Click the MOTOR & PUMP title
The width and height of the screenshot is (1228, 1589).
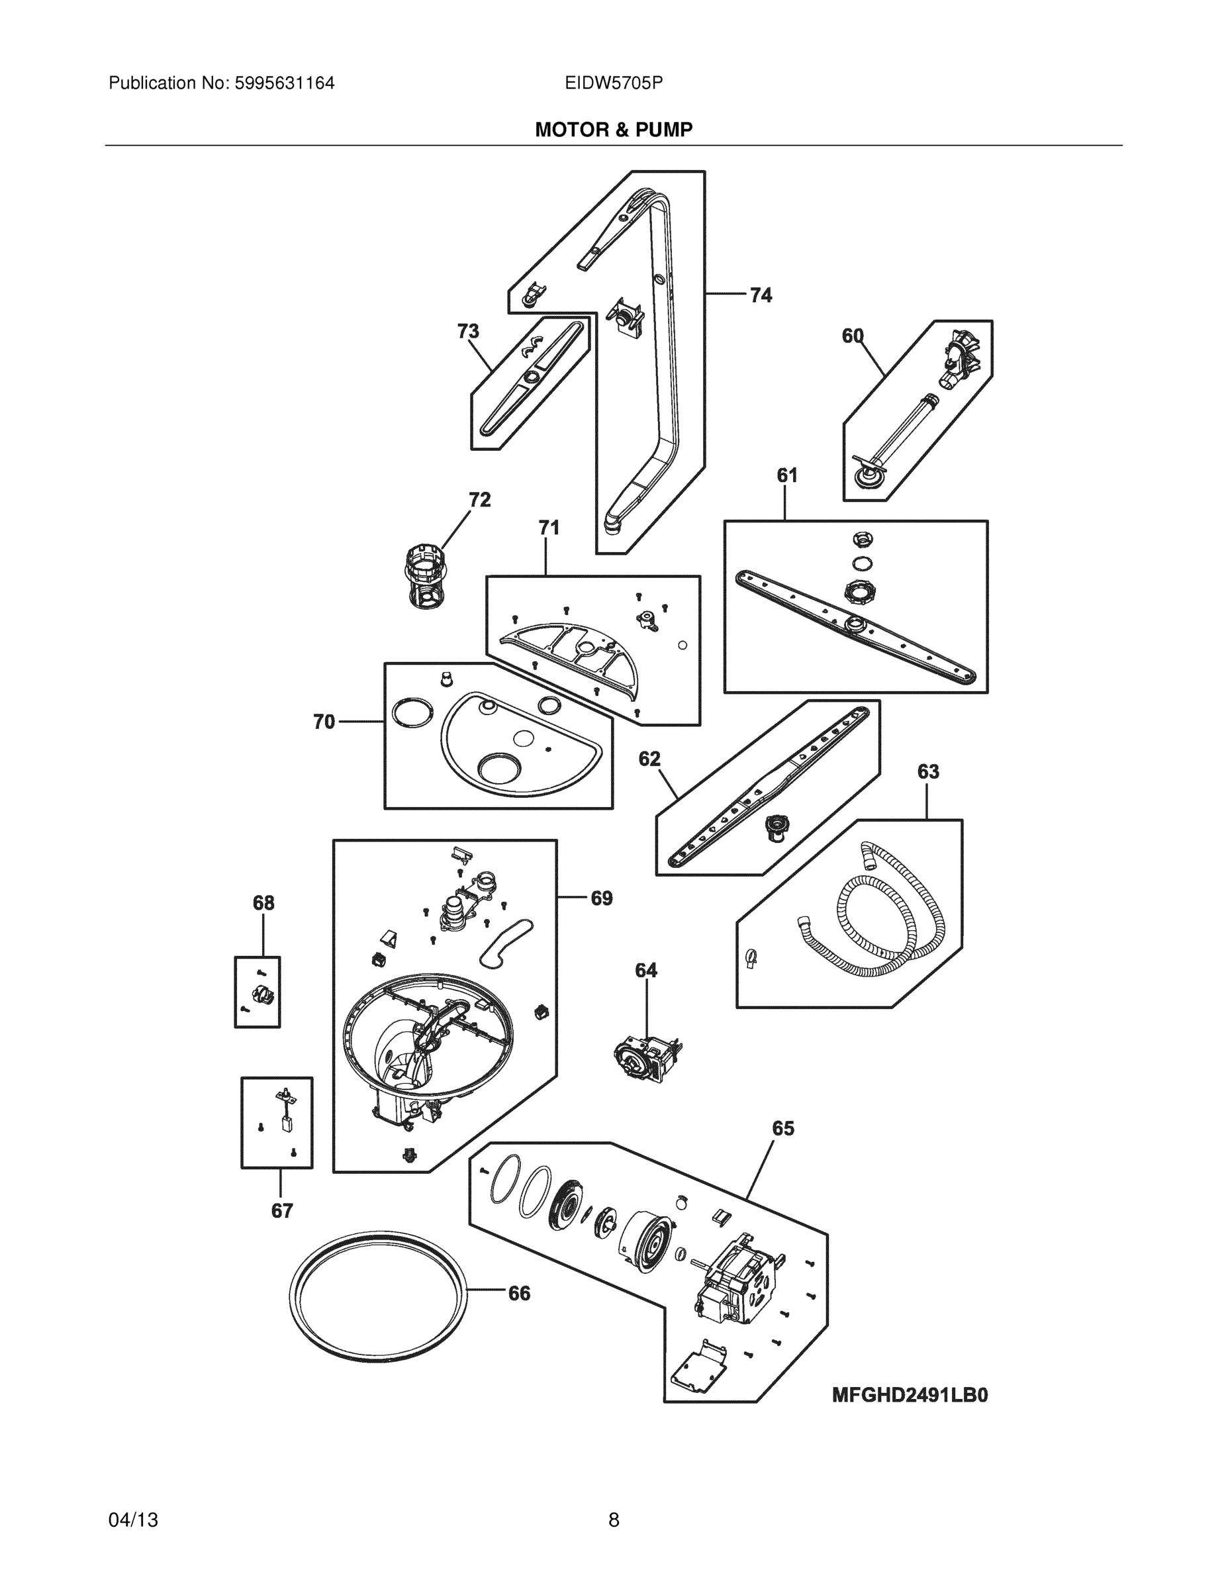pos(613,130)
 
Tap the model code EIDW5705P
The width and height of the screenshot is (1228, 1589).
pos(613,83)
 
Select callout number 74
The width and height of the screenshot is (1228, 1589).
pos(760,295)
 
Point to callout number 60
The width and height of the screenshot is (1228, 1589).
pos(853,336)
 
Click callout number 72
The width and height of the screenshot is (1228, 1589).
pos(479,500)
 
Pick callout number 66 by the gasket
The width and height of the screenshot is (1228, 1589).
pos(519,1293)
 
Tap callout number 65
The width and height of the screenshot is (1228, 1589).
pos(782,1128)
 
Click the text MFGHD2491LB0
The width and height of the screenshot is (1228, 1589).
pos(910,1395)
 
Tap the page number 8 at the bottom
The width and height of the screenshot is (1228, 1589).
pos(613,1519)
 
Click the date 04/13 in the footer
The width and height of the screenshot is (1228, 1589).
pos(133,1519)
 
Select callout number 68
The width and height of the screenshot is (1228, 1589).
pos(263,903)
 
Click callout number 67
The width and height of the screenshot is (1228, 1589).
pos(281,1211)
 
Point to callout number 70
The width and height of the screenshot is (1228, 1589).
pos(324,722)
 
